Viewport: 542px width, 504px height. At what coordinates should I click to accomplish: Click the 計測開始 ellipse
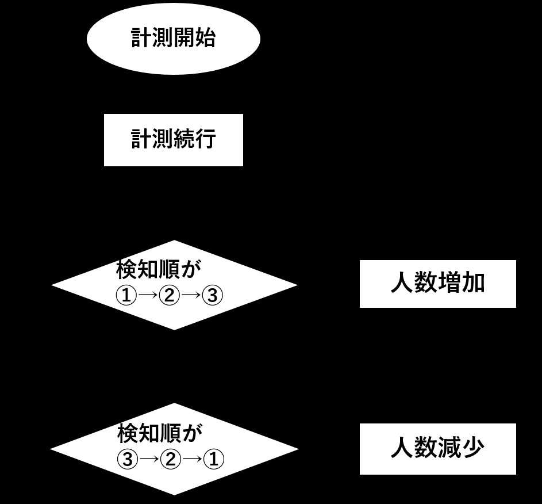coord(173,39)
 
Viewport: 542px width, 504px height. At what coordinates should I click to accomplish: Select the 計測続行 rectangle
coord(174,140)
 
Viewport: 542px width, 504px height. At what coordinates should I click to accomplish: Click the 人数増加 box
coord(438,284)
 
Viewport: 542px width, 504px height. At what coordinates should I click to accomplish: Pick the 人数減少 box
coord(438,449)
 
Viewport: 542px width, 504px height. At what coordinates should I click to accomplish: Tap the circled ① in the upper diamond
coord(126,295)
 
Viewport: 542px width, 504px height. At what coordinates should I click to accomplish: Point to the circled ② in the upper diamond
coord(170,295)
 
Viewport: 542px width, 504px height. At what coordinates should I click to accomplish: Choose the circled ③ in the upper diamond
coord(212,295)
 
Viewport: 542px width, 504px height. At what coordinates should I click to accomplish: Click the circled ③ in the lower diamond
coord(128,459)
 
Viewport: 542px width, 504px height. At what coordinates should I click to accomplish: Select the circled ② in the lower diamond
coord(171,459)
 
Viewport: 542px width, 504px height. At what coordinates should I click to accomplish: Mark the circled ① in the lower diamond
coord(214,459)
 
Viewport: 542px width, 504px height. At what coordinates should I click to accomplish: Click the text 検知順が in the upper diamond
coord(159,269)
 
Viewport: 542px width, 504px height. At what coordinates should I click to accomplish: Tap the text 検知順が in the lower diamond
coord(160,433)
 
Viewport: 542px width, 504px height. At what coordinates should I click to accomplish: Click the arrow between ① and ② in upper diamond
coord(148,295)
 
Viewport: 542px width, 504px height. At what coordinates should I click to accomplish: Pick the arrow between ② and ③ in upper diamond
coord(191,295)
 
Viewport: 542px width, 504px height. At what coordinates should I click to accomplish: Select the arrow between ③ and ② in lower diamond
coord(149,459)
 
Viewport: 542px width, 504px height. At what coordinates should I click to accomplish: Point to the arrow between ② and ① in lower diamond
coord(192,459)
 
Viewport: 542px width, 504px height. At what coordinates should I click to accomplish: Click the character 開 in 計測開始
coord(184,38)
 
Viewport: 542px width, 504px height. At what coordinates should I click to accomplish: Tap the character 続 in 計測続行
coord(184,139)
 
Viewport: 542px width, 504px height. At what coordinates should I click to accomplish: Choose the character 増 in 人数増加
coord(449,283)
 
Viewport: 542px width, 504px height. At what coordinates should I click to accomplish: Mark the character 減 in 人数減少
coord(449,448)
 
